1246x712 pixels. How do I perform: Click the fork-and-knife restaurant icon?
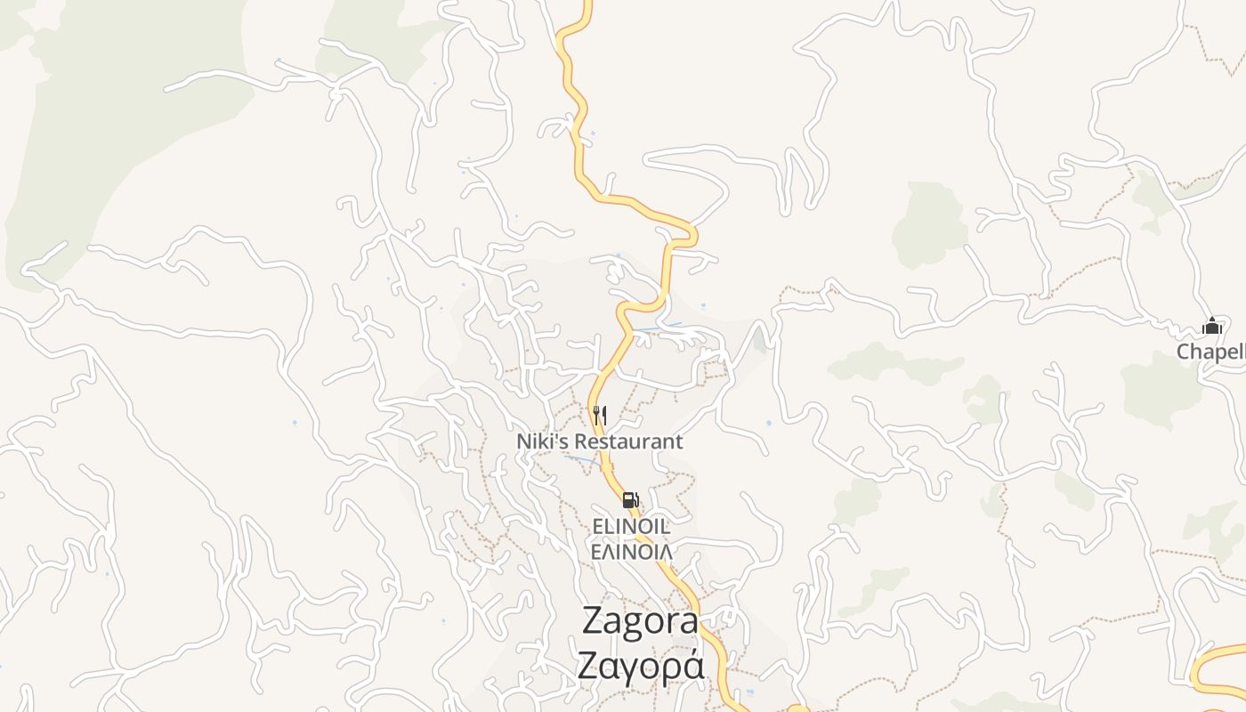[600, 415]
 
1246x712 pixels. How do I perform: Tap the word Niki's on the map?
[543, 441]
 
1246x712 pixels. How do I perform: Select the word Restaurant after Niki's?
[628, 441]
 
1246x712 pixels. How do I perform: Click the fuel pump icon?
[630, 500]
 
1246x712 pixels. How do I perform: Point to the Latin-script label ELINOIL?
[632, 527]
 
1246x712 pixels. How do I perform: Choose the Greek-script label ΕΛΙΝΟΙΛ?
[632, 551]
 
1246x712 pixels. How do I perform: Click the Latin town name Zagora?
[640, 621]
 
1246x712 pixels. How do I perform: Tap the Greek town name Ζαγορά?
[640, 666]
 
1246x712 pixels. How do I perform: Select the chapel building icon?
[1211, 327]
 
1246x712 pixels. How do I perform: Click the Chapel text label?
[1210, 352]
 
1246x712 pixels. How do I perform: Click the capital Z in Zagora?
[595, 621]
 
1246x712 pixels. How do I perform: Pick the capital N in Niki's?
[524, 441]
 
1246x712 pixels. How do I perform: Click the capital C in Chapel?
[1185, 352]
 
